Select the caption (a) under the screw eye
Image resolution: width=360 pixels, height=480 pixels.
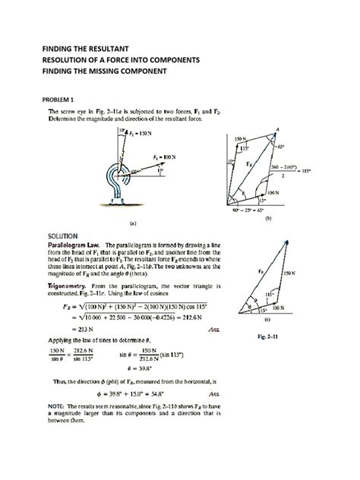(x=132, y=223)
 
